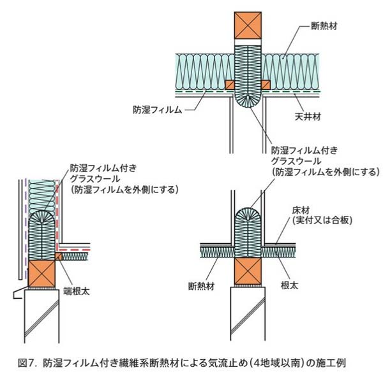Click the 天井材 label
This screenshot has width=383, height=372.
coord(308,117)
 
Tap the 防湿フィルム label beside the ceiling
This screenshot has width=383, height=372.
coord(158,110)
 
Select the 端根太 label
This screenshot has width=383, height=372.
coord(76,291)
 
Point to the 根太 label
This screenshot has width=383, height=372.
coord(289,285)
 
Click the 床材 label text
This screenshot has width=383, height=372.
coord(301,210)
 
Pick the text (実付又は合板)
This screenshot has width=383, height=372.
coord(322,220)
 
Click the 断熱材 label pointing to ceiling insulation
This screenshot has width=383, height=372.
coord(324,26)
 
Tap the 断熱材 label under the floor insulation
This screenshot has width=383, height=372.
coord(201,286)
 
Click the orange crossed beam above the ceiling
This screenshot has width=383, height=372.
coord(248,25)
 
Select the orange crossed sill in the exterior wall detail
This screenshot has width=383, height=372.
coord(41,273)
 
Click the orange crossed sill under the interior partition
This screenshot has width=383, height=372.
coord(248,271)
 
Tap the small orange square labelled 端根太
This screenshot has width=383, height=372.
coord(59,257)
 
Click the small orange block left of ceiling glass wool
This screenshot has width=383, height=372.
coord(230,85)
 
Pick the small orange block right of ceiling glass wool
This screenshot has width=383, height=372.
coord(266,85)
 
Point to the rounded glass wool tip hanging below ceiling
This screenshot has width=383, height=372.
coord(248,100)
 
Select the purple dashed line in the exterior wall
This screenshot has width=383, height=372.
coord(26,229)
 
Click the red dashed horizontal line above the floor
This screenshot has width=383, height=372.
coord(74,250)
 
